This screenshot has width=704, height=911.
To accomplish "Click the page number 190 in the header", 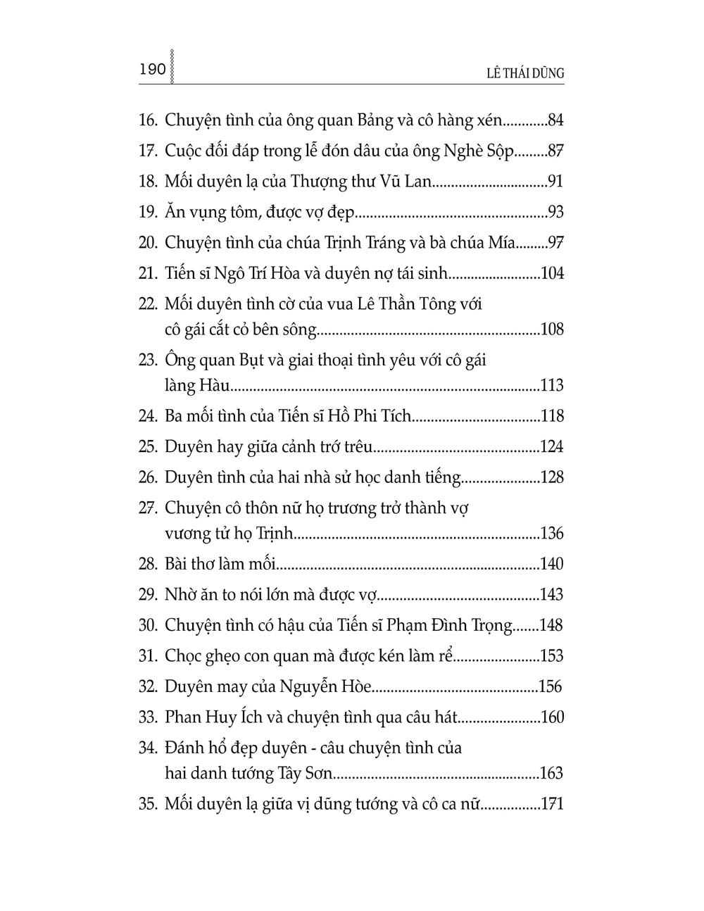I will [153, 70].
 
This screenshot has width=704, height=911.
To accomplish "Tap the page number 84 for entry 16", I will [555, 120].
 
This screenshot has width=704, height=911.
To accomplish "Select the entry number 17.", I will [147, 151].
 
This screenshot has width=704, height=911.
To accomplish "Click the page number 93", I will [555, 213].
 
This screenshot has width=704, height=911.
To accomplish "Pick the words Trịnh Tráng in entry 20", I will [360, 243].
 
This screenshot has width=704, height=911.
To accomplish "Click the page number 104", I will [552, 274].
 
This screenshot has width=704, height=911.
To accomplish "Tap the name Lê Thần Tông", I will [408, 304].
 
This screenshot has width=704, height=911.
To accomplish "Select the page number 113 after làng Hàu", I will [552, 385].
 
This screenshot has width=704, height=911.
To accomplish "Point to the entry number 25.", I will [147, 446].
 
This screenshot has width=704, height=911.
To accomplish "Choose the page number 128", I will [552, 477].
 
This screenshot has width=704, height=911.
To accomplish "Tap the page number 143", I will [552, 595].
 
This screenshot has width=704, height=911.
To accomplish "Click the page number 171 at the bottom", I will [552, 804].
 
